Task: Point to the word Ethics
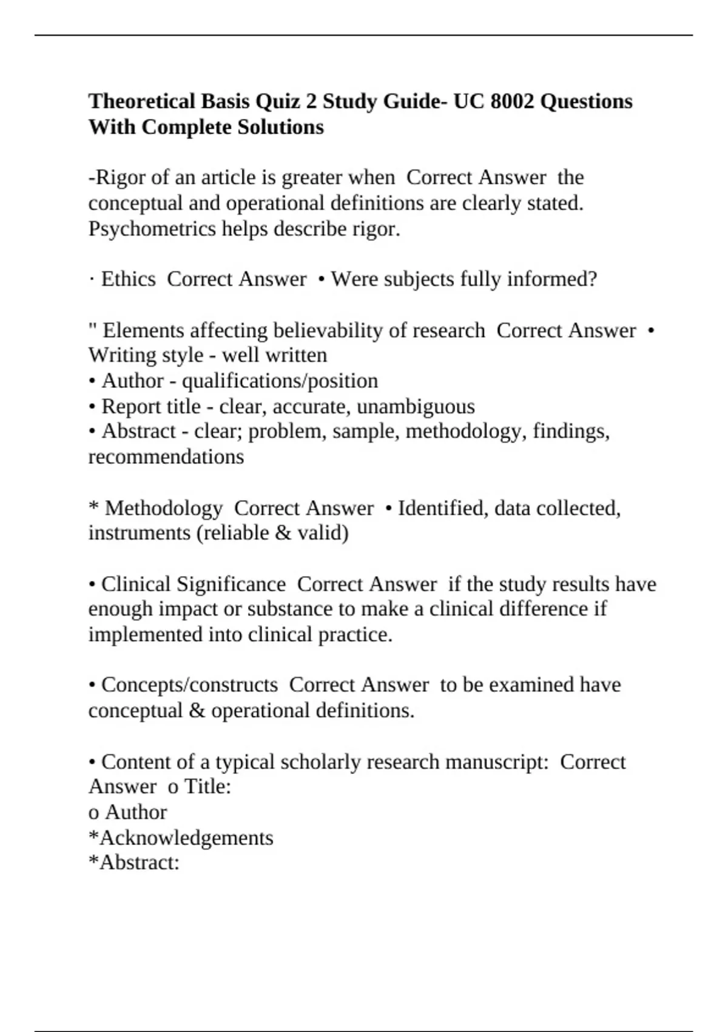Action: tap(129, 279)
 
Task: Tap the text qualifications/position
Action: tap(280, 381)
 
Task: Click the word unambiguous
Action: tap(416, 406)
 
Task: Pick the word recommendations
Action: tap(166, 457)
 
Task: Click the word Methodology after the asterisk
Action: tap(164, 508)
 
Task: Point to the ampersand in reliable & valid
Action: tap(283, 533)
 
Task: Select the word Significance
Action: tap(231, 584)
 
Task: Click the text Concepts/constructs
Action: tap(189, 685)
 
